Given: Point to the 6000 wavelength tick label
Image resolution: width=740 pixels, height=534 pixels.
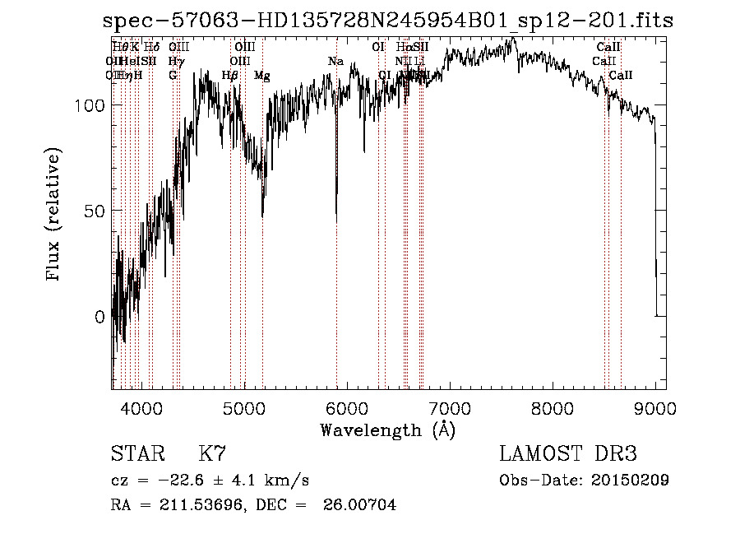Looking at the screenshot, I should tap(347, 407).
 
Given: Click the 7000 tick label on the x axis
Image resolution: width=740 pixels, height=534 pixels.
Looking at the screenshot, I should tap(450, 407).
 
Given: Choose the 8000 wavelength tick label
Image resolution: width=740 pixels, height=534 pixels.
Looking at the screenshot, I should tap(553, 407).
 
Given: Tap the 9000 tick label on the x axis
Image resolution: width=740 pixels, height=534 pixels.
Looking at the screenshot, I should tap(655, 407).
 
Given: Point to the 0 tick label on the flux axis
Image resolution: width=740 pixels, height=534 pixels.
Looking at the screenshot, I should tap(99, 316).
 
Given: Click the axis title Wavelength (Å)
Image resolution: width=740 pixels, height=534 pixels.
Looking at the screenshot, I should tap(387, 430).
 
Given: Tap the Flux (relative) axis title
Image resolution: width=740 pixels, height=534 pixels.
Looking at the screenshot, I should tap(55, 216).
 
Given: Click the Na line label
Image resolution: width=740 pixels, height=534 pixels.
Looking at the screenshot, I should tap(335, 61).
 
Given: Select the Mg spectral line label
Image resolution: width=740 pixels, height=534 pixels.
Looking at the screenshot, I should tap(261, 76).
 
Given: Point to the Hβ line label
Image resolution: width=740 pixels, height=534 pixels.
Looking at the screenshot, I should tap(230, 76).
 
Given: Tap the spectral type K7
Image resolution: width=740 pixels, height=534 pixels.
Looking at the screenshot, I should tap(212, 455).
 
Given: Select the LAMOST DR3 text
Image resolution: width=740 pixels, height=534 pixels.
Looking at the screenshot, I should tap(567, 455).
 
